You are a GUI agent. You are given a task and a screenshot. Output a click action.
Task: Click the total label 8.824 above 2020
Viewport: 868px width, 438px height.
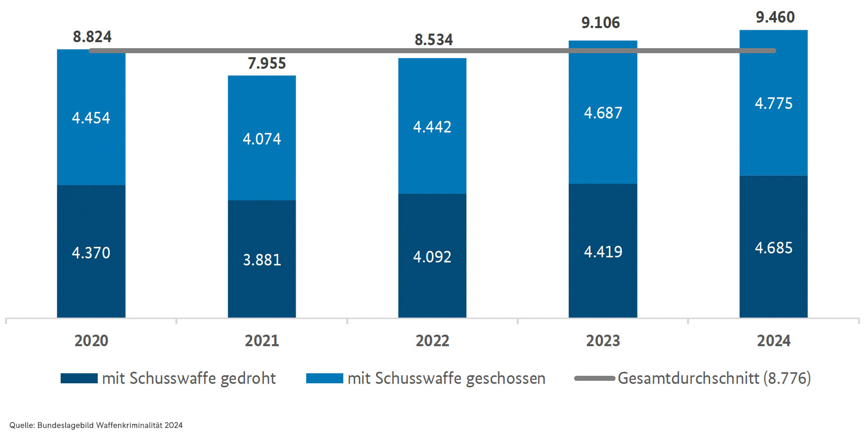coord(92,37)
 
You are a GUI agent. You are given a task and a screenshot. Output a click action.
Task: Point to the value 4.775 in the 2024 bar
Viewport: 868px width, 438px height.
coord(773,103)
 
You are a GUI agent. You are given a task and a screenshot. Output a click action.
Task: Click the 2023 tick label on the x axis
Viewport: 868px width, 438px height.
coord(603,341)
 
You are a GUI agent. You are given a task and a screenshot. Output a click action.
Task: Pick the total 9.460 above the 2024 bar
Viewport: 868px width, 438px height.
coord(775,17)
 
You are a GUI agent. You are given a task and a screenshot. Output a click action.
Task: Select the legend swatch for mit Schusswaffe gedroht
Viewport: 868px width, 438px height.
coord(79,378)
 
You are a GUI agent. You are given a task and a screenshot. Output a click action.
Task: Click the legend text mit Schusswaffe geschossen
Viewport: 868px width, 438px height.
coord(446,378)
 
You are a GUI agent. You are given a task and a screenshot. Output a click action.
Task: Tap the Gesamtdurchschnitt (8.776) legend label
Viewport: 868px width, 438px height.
coord(714,378)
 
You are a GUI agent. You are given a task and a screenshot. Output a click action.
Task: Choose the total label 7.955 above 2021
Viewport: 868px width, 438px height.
coord(267,63)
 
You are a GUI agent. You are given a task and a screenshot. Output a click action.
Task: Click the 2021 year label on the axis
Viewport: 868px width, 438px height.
coord(262,341)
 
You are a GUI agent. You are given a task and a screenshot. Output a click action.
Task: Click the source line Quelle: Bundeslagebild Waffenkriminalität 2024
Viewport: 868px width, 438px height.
coord(96,425)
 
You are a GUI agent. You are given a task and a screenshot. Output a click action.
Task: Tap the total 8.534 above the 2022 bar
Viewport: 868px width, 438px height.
coord(433,40)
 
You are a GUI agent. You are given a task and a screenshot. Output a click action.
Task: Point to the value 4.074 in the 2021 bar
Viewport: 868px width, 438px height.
coord(262,139)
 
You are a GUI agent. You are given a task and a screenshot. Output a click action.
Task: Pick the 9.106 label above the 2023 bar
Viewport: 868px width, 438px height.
coord(600,23)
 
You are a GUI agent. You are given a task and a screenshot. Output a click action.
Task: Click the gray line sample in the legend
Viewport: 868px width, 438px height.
coord(594,378)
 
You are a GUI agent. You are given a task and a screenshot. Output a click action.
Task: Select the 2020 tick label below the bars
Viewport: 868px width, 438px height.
coord(91,341)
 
